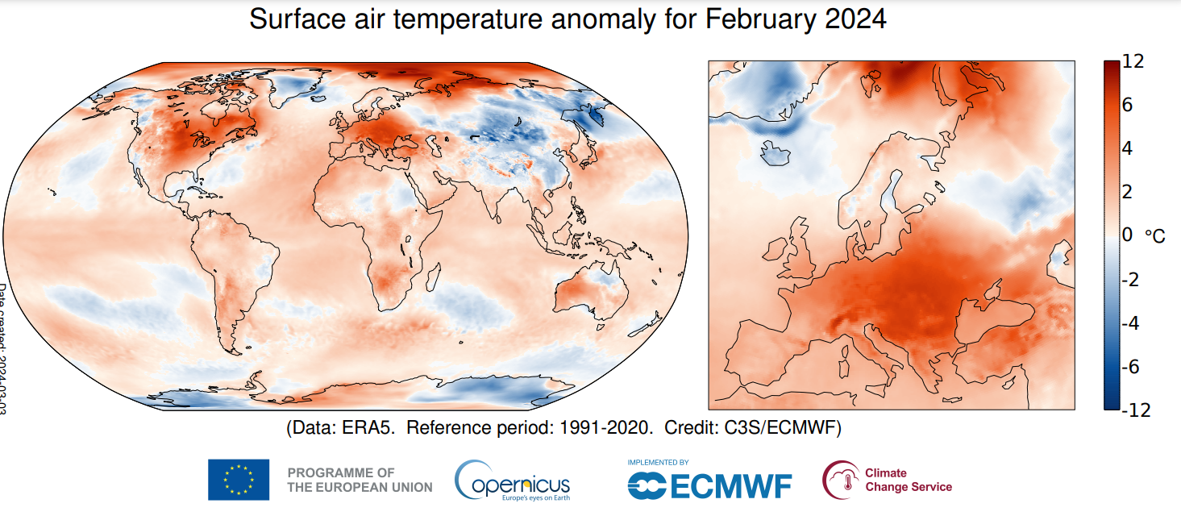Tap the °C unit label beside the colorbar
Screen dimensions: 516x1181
tap(1154, 236)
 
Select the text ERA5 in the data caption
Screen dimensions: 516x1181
tap(368, 428)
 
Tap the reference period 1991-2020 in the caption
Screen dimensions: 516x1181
tap(597, 428)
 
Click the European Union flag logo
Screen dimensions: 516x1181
tap(239, 480)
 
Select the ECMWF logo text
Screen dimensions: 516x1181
tap(709, 485)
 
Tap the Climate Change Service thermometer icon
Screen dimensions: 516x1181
tap(841, 481)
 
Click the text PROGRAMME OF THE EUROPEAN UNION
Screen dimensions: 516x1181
tap(360, 480)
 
